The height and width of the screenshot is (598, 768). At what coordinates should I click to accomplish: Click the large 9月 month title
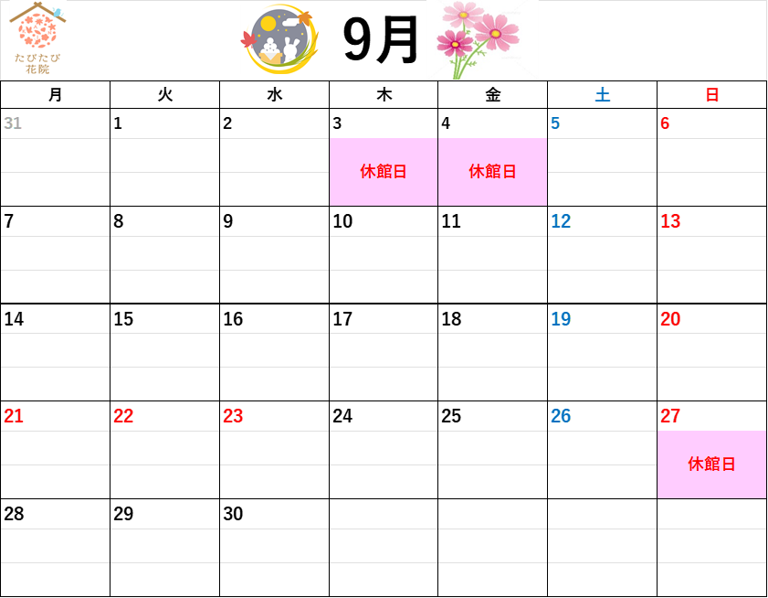pos(380,39)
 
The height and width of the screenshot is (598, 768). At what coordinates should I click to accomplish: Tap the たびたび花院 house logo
pos(37,37)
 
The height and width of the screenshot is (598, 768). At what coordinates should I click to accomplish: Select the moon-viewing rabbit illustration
pos(279,39)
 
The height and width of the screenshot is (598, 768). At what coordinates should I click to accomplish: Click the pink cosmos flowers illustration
pos(478,39)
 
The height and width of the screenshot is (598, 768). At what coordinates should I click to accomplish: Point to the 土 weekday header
pos(603,95)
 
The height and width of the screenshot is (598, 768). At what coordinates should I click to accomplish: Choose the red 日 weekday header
pos(712,95)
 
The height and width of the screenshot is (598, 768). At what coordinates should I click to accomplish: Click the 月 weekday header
pos(56,95)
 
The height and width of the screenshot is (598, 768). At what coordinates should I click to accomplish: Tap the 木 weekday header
pos(384,95)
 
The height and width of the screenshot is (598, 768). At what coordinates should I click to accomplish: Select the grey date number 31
pos(13,123)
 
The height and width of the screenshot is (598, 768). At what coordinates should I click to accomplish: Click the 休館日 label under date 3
pos(384,172)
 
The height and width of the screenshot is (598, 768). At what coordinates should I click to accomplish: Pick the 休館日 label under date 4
pos(492,172)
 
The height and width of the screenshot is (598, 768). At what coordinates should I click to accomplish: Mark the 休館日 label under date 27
pos(711,465)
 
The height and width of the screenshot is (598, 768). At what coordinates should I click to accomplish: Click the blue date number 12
pos(561,221)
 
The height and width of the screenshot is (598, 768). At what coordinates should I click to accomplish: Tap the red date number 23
pos(233,416)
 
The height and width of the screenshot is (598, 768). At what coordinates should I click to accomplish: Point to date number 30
pos(233,514)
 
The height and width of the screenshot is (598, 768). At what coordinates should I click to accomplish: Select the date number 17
pos(342,319)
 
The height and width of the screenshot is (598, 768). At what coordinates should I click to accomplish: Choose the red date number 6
pos(665,123)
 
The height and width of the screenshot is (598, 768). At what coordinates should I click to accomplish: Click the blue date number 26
pos(561,416)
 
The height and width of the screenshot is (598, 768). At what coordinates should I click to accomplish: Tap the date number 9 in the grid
pos(227,221)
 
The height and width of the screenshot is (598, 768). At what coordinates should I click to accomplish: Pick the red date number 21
pos(14,416)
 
